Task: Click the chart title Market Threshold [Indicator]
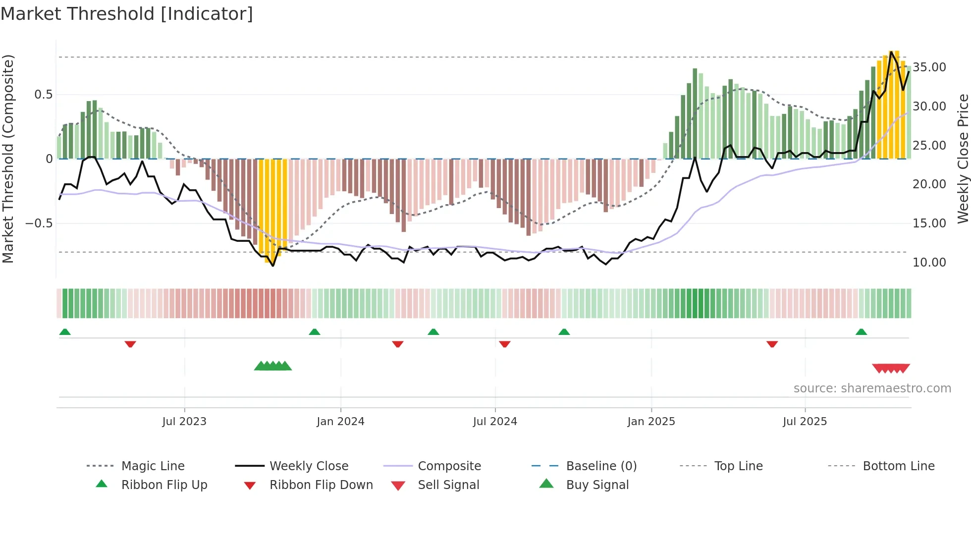[127, 14]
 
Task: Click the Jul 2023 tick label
[184, 422]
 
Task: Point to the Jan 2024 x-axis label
[340, 422]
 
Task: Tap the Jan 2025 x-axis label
[651, 422]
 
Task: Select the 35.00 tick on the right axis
[929, 67]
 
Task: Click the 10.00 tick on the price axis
[929, 263]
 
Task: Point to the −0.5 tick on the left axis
[39, 223]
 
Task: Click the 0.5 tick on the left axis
[43, 95]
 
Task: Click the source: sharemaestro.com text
[872, 388]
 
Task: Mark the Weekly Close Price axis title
[963, 159]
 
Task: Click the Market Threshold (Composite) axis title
[8, 159]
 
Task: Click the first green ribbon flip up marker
[65, 332]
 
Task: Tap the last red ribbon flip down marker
[772, 344]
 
